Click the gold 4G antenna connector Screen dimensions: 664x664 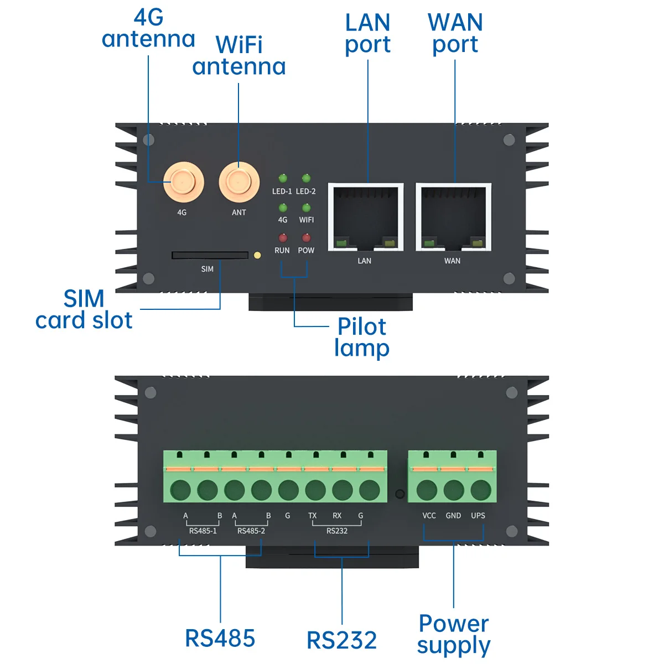pyautogui.click(x=184, y=182)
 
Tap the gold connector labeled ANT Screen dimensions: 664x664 pyautogui.click(x=239, y=182)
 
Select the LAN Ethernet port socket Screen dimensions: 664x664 pyautogui.click(x=366, y=217)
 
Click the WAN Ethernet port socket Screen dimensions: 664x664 pyautogui.click(x=454, y=217)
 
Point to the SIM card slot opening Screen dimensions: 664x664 pyautogui.click(x=210, y=255)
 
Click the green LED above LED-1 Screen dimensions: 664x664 pyautogui.click(x=283, y=178)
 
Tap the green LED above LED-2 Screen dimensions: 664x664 pyautogui.click(x=306, y=178)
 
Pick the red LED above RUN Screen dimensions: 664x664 pyautogui.click(x=283, y=238)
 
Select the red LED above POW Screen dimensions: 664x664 pyautogui.click(x=306, y=238)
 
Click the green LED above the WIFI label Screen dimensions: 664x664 pyautogui.click(x=306, y=208)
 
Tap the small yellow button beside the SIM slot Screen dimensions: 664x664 pyautogui.click(x=257, y=255)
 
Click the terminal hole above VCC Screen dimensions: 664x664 pyautogui.click(x=427, y=490)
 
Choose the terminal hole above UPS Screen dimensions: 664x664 pyautogui.click(x=481, y=490)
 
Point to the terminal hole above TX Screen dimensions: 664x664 pyautogui.click(x=315, y=490)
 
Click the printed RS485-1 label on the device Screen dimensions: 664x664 pyautogui.click(x=203, y=531)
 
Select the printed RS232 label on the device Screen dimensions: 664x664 pyautogui.click(x=337, y=531)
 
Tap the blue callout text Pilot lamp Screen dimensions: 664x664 pyautogui.click(x=362, y=338)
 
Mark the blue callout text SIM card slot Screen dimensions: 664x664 pyautogui.click(x=84, y=309)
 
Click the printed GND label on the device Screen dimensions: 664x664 pyautogui.click(x=453, y=516)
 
